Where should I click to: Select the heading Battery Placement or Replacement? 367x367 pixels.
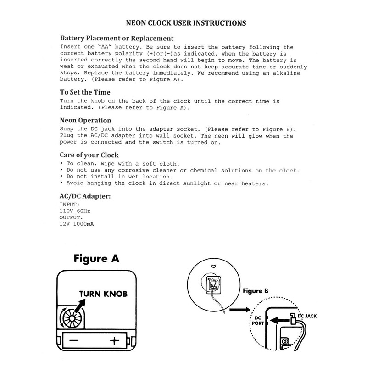[x=117, y=38]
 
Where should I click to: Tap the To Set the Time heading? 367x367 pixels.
[x=85, y=92]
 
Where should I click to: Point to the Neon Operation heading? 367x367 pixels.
[x=86, y=120]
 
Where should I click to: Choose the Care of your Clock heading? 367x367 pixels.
[x=89, y=155]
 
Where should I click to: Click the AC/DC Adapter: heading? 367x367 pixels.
[x=85, y=196]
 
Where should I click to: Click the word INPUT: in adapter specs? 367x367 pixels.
[x=70, y=204]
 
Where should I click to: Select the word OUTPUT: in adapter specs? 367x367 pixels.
[x=72, y=217]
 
